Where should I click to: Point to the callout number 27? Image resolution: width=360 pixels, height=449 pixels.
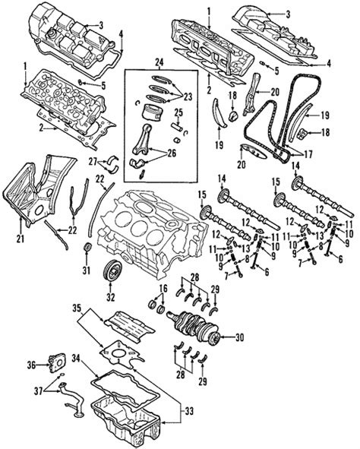93,161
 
